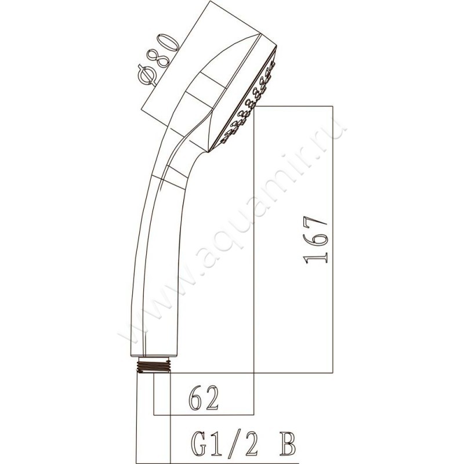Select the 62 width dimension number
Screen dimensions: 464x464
point(204,399)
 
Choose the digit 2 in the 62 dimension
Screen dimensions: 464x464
point(212,399)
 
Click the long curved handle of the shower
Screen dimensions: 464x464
point(154,249)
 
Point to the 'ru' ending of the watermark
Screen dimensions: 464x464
point(336,130)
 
